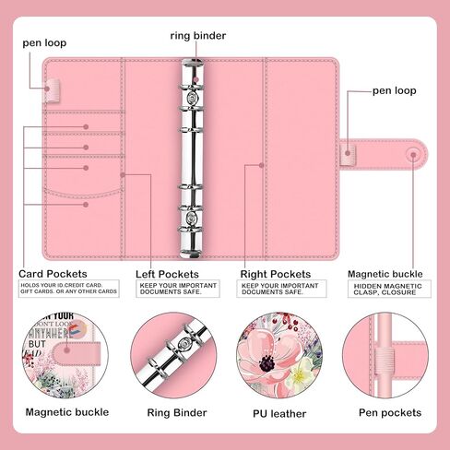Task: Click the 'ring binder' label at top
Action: [x=197, y=36]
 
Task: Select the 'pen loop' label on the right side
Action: [x=394, y=91]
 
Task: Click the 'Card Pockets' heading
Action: [x=53, y=274]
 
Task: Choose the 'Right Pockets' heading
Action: [x=276, y=274]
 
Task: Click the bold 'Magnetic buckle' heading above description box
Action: [x=385, y=274]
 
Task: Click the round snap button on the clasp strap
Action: [x=409, y=152]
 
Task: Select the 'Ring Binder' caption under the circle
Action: [x=176, y=413]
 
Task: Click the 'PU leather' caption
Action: [x=279, y=413]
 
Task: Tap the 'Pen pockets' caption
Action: [x=390, y=413]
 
